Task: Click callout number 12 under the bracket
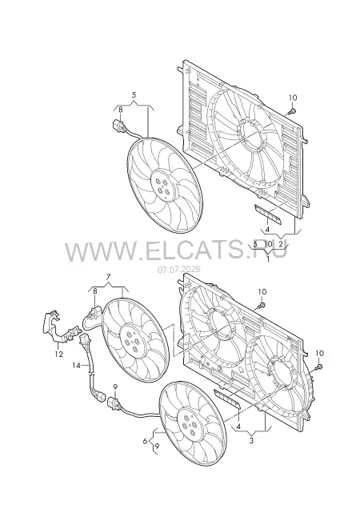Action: (58, 355)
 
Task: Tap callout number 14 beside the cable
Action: (76, 366)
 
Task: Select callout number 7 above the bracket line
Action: (108, 277)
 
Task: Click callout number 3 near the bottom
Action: (251, 440)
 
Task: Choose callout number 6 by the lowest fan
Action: (145, 440)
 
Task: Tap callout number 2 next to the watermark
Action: (281, 243)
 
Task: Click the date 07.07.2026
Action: (179, 270)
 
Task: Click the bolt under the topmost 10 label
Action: (291, 112)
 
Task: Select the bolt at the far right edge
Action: (318, 367)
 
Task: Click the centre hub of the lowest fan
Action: (190, 423)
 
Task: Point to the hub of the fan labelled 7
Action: (131, 341)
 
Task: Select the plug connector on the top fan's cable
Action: (118, 126)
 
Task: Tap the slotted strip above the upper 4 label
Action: (268, 214)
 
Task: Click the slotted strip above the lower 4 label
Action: (227, 400)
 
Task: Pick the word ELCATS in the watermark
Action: (190, 251)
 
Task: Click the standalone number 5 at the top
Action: (134, 95)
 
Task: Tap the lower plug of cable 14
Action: (101, 398)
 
